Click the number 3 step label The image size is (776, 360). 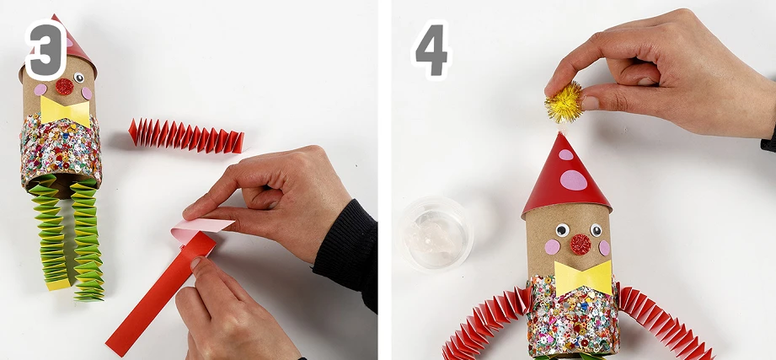45,49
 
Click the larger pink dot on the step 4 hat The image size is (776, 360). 574,180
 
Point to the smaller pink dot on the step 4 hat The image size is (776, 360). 565,154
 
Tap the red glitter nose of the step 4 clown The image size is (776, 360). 580,244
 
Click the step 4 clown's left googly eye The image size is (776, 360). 562,230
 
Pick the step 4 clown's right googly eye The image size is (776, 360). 596,230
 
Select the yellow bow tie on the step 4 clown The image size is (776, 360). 582,278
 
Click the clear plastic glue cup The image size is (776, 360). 435,234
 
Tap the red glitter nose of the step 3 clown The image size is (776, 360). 64,87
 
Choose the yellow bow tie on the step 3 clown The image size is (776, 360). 65,111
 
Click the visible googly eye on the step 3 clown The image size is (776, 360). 78,78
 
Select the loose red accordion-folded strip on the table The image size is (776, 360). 186,135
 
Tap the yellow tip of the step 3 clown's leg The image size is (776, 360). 58,284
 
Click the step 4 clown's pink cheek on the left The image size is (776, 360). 553,246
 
